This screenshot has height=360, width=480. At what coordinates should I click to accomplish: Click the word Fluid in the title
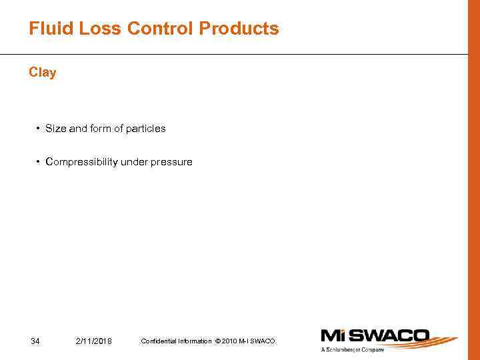point(48,29)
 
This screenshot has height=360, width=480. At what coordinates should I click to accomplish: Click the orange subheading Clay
point(43,73)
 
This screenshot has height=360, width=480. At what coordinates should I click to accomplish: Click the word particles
point(146,128)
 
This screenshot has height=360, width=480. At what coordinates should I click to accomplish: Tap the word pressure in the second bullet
point(173,162)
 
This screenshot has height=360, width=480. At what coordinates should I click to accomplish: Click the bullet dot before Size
point(39,128)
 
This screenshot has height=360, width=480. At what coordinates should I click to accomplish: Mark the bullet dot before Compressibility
point(39,162)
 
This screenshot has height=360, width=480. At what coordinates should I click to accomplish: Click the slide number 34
point(35,341)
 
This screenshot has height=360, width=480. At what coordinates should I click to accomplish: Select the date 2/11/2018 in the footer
point(94,341)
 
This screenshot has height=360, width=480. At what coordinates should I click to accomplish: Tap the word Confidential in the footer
point(157,341)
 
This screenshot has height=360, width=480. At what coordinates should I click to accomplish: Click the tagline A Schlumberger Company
point(353,350)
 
